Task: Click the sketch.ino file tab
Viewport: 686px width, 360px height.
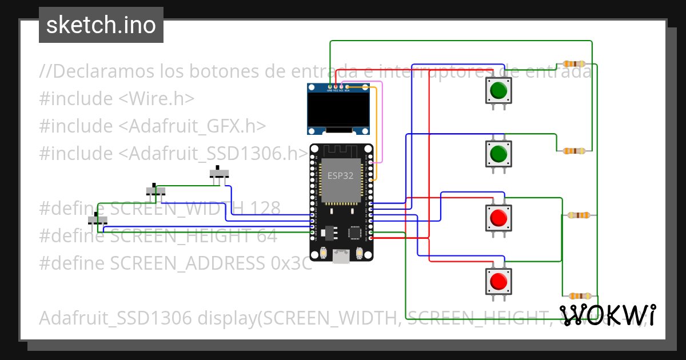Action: (101, 25)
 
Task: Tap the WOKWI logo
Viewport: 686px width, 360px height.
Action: (607, 315)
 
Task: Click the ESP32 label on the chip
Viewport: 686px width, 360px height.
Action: (340, 176)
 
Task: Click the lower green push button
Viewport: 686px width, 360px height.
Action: (498, 153)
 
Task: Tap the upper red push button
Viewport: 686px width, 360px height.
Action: (498, 218)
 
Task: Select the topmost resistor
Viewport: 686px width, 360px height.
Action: (574, 64)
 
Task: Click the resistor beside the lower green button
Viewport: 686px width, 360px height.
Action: (573, 151)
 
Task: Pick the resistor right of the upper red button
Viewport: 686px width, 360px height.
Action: (580, 215)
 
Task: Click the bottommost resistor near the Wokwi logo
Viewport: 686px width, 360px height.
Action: (580, 296)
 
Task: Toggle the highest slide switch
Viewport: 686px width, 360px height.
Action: (218, 173)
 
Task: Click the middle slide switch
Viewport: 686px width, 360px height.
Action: (155, 190)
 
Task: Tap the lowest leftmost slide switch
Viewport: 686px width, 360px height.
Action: (97, 219)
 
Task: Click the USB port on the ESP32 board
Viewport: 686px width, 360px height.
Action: (342, 257)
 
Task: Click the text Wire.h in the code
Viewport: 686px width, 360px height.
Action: (156, 99)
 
